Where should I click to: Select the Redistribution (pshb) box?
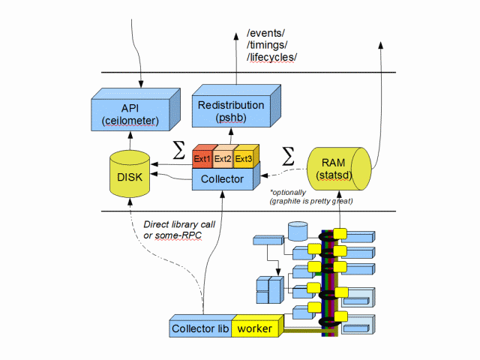(231, 111)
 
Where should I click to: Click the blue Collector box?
(223, 180)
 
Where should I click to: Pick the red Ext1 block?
(202, 159)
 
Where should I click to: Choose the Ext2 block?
(223, 159)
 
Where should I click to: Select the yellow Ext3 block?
(244, 159)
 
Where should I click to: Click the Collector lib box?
(199, 328)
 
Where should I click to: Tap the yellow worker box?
(254, 328)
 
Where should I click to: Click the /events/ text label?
(267, 33)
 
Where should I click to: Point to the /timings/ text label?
(268, 45)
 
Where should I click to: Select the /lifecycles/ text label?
(272, 58)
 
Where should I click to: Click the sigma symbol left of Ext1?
(178, 150)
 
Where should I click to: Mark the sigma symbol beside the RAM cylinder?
(287, 156)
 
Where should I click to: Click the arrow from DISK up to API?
(130, 139)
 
